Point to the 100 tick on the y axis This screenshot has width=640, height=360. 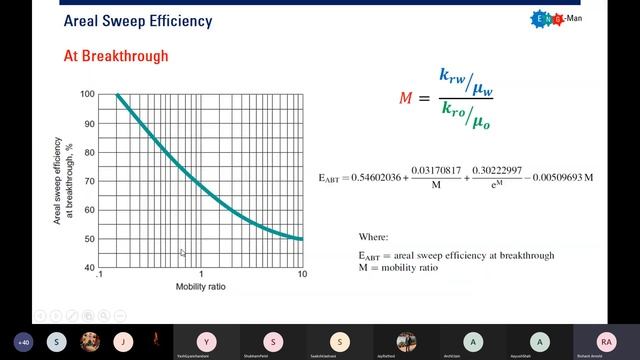pyautogui.click(x=87, y=95)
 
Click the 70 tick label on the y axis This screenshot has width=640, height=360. pyautogui.click(x=89, y=182)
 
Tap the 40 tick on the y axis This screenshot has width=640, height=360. pyautogui.click(x=89, y=269)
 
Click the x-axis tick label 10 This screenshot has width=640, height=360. pyautogui.click(x=303, y=275)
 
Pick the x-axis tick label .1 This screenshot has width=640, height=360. pyautogui.click(x=98, y=275)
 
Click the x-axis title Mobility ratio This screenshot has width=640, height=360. pyautogui.click(x=201, y=288)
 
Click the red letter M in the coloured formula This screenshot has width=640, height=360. pyautogui.click(x=404, y=97)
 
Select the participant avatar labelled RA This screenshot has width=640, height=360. pyautogui.click(x=606, y=340)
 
